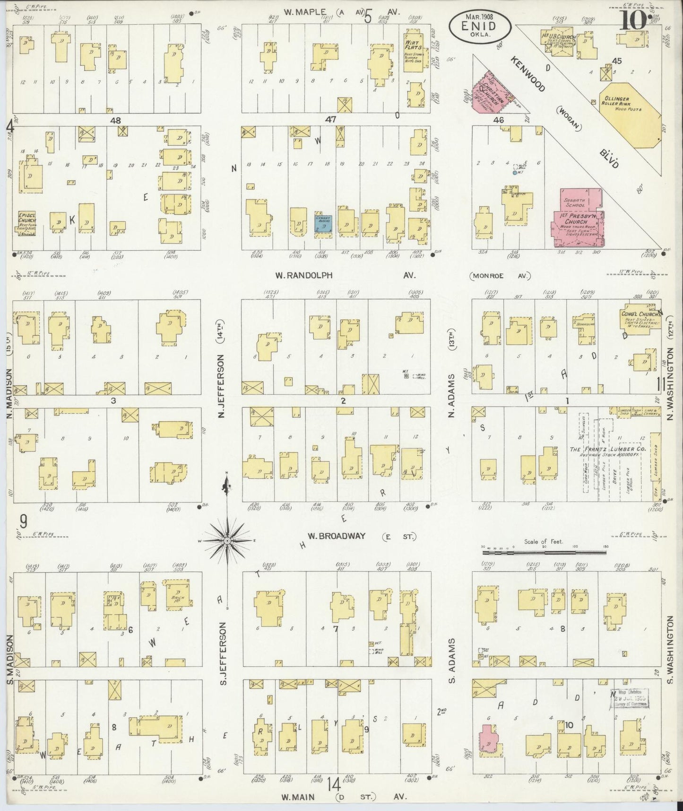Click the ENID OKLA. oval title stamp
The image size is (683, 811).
pyautogui.click(x=479, y=27)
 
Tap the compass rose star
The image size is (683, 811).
pyautogui.click(x=227, y=540)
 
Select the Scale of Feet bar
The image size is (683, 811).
pyautogui.click(x=544, y=552)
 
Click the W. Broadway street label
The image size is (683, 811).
pyautogui.click(x=336, y=536)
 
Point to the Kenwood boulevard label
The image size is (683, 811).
pyautogui.click(x=527, y=74)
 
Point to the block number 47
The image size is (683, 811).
pyautogui.click(x=330, y=120)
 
